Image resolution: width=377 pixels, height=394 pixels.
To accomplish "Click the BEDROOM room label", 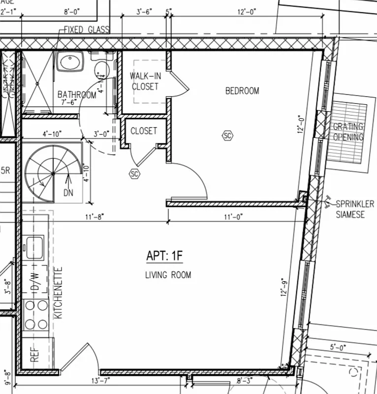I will point(242,91).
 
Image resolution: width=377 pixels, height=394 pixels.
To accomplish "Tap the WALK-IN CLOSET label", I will point(144,81).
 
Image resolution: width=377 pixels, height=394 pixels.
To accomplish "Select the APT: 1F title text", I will point(164,256).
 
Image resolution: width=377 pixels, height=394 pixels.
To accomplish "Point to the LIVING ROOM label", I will point(168,275).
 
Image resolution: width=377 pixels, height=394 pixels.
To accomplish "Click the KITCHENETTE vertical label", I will point(59,293).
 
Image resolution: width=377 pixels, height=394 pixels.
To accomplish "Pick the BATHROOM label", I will point(77,95).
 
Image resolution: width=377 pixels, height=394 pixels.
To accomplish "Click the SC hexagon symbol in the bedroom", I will point(227,135).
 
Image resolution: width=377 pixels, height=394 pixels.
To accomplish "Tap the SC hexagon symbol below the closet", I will point(134,173).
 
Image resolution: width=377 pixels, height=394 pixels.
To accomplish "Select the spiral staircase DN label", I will point(68,193).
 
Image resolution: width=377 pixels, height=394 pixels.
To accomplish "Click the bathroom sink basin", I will point(70,63).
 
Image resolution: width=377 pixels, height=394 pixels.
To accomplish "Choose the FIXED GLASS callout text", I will point(86,30).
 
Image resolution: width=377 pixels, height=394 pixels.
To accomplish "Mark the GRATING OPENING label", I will point(348,132).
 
